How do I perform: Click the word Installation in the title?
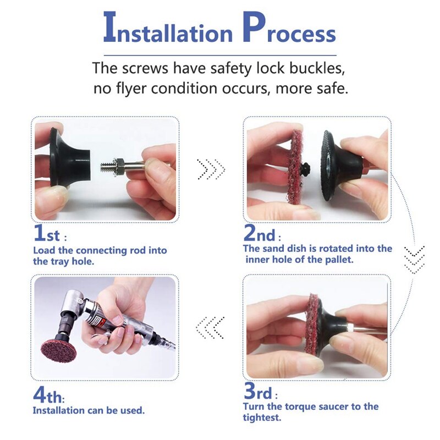(x=168, y=28)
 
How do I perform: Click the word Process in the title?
(x=289, y=28)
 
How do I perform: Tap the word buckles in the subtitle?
(x=317, y=68)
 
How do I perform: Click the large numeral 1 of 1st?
(x=39, y=233)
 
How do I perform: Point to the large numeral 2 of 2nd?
(x=250, y=233)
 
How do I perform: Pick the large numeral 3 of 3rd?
(x=250, y=391)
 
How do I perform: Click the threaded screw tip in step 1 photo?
(x=106, y=167)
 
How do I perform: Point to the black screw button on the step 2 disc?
(x=305, y=168)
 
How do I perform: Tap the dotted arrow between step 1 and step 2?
(x=211, y=169)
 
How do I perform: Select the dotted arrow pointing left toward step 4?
(x=210, y=327)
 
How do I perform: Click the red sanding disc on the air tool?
(x=59, y=350)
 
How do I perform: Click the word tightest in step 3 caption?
(x=262, y=417)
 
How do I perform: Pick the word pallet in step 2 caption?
(x=339, y=260)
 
